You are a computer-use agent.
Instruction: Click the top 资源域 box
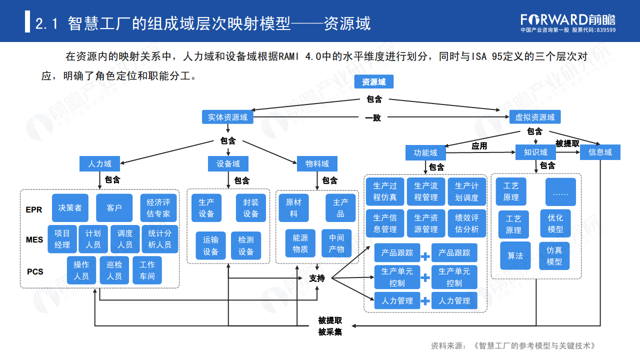pyautogui.click(x=373, y=82)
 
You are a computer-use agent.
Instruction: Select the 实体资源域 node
pyautogui.click(x=227, y=117)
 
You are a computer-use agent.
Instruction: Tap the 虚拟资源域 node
pyautogui.click(x=534, y=117)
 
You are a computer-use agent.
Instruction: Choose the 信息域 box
pyautogui.click(x=599, y=152)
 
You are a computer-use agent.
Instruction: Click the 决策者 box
pyautogui.click(x=70, y=208)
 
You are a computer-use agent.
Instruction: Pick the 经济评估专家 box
pyautogui.click(x=158, y=208)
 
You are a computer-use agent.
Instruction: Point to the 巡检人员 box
pyautogui.click(x=114, y=270)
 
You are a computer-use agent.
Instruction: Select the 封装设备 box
pyautogui.click(x=251, y=208)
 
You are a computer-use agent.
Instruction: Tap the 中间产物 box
pyautogui.click(x=336, y=243)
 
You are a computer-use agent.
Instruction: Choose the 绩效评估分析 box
pyautogui.click(x=467, y=223)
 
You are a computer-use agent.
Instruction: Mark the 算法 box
pyautogui.click(x=515, y=255)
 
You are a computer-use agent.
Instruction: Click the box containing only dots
pyautogui.click(x=560, y=192)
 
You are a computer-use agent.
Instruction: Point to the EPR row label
pyautogui.click(x=34, y=210)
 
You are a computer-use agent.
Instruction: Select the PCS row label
pyautogui.click(x=35, y=272)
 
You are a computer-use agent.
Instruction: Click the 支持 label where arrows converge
pyautogui.click(x=317, y=278)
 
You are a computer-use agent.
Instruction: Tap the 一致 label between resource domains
pyautogui.click(x=372, y=118)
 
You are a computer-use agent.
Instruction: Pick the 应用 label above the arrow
pyautogui.click(x=479, y=146)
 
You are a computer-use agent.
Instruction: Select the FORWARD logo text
pyautogui.click(x=554, y=19)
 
